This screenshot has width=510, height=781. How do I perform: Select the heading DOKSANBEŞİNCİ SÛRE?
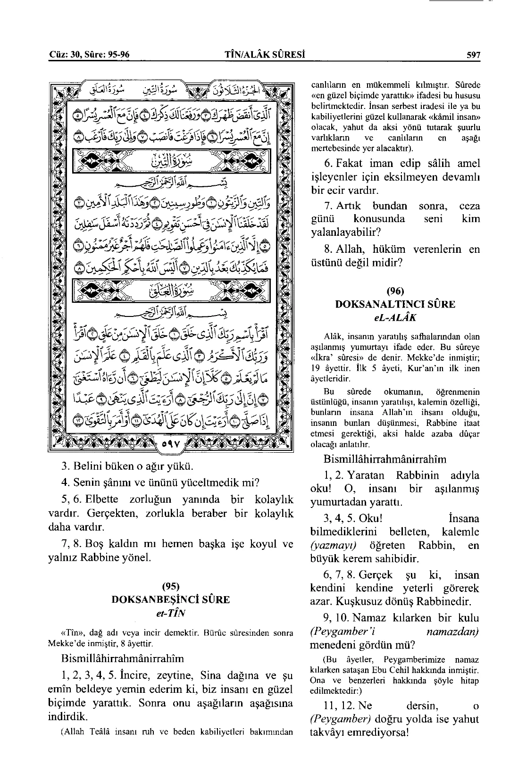[x=170, y=599]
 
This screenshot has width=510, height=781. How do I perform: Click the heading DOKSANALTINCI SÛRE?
[x=395, y=304]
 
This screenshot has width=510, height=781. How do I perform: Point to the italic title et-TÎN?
[x=170, y=614]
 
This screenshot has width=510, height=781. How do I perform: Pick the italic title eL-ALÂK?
[x=395, y=317]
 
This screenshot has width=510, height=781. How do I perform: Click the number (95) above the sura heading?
[x=170, y=587]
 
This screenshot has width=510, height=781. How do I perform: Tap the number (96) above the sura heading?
[x=395, y=291]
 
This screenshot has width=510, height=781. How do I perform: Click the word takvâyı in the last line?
[x=328, y=733]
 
